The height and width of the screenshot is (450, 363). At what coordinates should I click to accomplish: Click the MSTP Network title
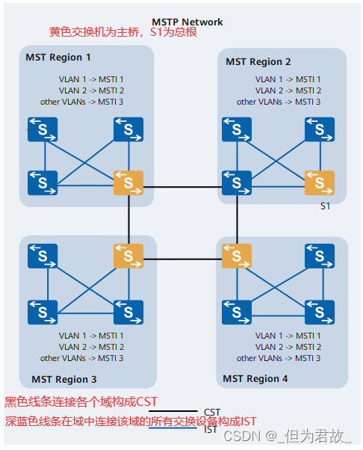[187, 22]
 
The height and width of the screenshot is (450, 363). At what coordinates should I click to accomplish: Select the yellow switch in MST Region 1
[128, 183]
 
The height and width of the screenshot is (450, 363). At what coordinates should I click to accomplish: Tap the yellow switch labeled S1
[320, 183]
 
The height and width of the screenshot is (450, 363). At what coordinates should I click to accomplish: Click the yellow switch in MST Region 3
[128, 256]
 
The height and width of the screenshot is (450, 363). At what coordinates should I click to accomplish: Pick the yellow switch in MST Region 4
[237, 256]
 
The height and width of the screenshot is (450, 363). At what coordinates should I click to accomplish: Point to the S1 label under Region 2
[325, 206]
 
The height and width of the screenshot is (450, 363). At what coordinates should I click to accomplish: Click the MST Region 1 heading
[58, 58]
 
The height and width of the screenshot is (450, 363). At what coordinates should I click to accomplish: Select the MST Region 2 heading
[258, 62]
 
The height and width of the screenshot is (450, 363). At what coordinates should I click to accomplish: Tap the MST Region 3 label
[64, 380]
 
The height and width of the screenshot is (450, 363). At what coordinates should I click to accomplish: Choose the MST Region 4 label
[255, 379]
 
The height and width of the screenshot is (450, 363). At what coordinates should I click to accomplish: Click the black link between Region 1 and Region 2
[183, 187]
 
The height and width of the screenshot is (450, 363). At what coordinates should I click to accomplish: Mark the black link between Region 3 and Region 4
[183, 259]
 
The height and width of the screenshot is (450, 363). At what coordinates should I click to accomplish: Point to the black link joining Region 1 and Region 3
[128, 220]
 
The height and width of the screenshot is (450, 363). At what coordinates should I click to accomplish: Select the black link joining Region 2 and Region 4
[237, 220]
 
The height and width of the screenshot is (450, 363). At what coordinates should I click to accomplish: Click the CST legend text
[212, 412]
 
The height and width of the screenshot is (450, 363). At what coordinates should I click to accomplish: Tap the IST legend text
[210, 430]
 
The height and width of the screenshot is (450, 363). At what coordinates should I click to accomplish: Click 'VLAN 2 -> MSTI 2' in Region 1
[91, 90]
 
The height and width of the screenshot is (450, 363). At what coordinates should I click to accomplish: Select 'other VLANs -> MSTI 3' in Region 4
[279, 358]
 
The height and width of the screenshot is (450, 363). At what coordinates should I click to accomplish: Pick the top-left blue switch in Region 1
[43, 129]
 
